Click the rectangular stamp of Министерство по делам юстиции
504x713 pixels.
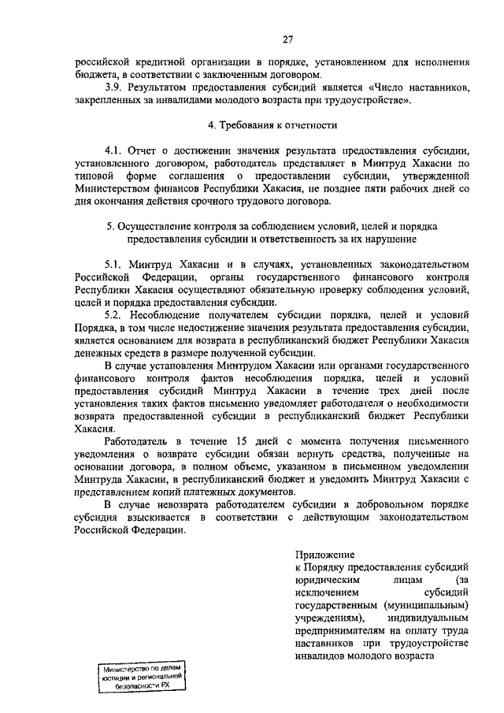(140, 676)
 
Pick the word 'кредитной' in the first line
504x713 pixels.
(160, 60)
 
